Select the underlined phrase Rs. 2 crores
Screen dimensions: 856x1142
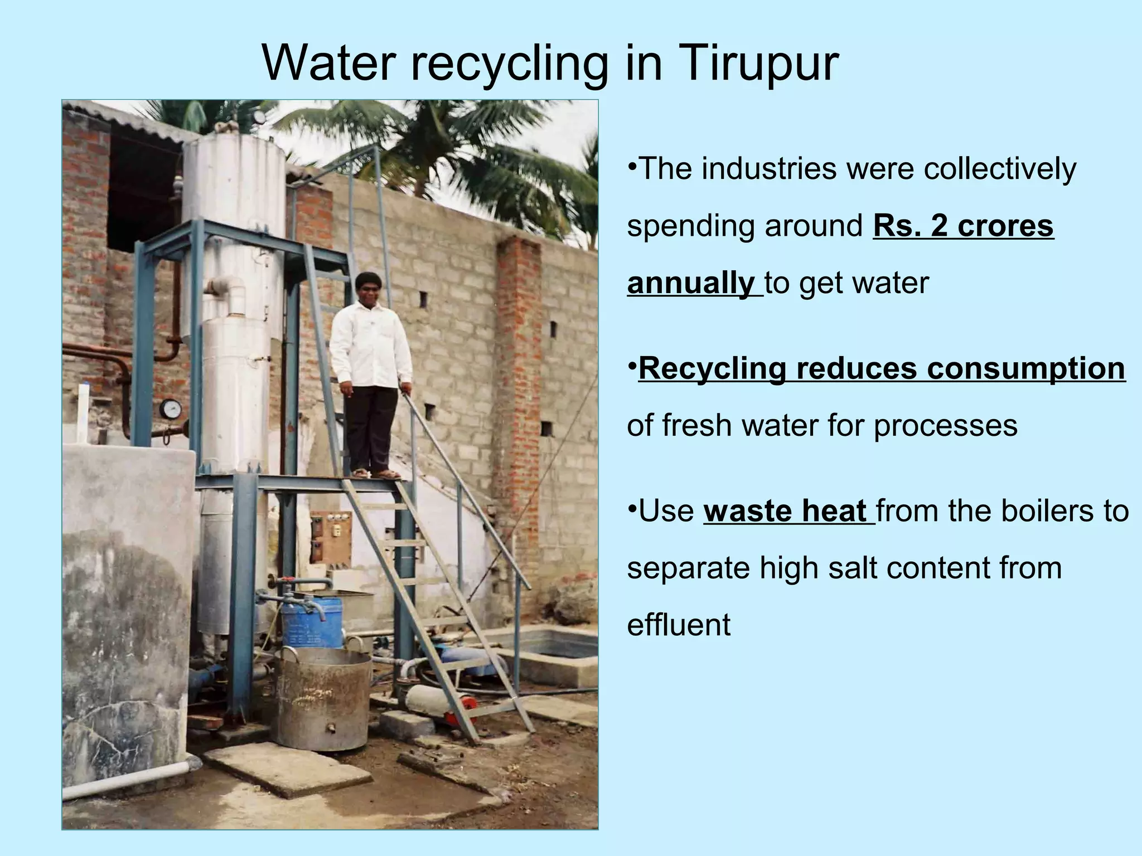point(963,226)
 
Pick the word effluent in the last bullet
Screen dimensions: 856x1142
point(679,625)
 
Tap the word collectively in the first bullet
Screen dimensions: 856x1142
point(1000,168)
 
